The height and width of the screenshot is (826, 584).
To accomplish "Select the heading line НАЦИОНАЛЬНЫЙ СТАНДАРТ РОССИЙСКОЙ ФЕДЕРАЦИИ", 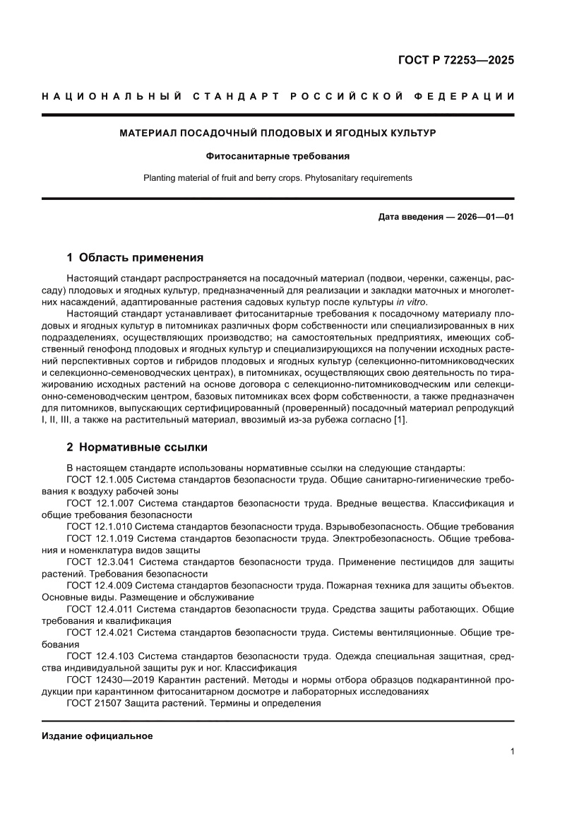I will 278,96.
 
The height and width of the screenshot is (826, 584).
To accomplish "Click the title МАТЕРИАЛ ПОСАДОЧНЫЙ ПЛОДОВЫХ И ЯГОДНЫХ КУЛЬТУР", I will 278,133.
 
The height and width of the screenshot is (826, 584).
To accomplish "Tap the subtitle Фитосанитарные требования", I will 278,156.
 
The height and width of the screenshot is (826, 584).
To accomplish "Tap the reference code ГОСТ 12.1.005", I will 100,480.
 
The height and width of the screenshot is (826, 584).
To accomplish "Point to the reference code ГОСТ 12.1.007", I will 100,503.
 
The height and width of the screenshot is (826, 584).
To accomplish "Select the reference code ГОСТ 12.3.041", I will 100,562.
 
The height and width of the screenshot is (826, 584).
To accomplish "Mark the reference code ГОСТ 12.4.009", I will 100,585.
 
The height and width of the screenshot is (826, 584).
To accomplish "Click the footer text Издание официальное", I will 97,736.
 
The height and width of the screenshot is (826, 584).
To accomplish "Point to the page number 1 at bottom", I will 511,752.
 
